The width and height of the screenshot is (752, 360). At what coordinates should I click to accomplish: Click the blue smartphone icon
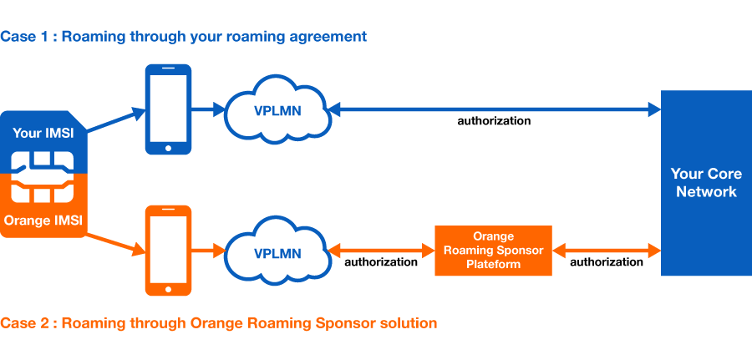pyautogui.click(x=168, y=109)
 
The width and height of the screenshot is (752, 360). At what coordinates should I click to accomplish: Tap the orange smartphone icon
pyautogui.click(x=168, y=251)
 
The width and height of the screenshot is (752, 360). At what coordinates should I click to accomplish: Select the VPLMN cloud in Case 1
pyautogui.click(x=277, y=109)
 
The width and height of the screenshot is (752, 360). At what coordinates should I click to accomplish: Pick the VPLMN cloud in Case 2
pyautogui.click(x=277, y=251)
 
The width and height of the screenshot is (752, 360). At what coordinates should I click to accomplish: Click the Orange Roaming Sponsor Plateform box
pyautogui.click(x=493, y=251)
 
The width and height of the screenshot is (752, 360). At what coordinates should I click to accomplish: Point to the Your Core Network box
pyautogui.click(x=706, y=183)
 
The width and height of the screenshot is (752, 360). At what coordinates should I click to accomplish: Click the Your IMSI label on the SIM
pyautogui.click(x=43, y=133)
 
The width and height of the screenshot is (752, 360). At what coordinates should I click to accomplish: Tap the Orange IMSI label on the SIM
pyautogui.click(x=43, y=221)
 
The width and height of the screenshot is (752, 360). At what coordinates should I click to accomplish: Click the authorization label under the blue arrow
pyautogui.click(x=494, y=121)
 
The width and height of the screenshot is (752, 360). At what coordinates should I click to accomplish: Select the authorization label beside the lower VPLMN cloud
pyautogui.click(x=381, y=262)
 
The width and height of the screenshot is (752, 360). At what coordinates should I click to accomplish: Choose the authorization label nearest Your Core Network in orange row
pyautogui.click(x=607, y=262)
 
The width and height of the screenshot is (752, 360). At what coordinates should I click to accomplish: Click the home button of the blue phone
pyautogui.click(x=168, y=148)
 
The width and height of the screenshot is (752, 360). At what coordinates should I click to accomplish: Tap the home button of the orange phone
pyautogui.click(x=168, y=289)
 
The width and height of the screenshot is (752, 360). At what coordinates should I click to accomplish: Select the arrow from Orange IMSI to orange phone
pyautogui.click(x=115, y=242)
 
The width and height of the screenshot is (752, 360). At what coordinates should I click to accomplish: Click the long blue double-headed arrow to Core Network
pyautogui.click(x=495, y=109)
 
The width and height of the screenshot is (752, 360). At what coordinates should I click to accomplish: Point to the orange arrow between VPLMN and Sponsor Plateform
pyautogui.click(x=381, y=250)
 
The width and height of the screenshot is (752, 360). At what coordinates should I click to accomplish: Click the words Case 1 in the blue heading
pyautogui.click(x=24, y=37)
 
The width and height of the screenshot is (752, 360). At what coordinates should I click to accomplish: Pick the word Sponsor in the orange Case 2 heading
pyautogui.click(x=343, y=322)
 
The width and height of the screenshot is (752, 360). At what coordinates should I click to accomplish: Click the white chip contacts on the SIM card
pyautogui.click(x=43, y=177)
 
